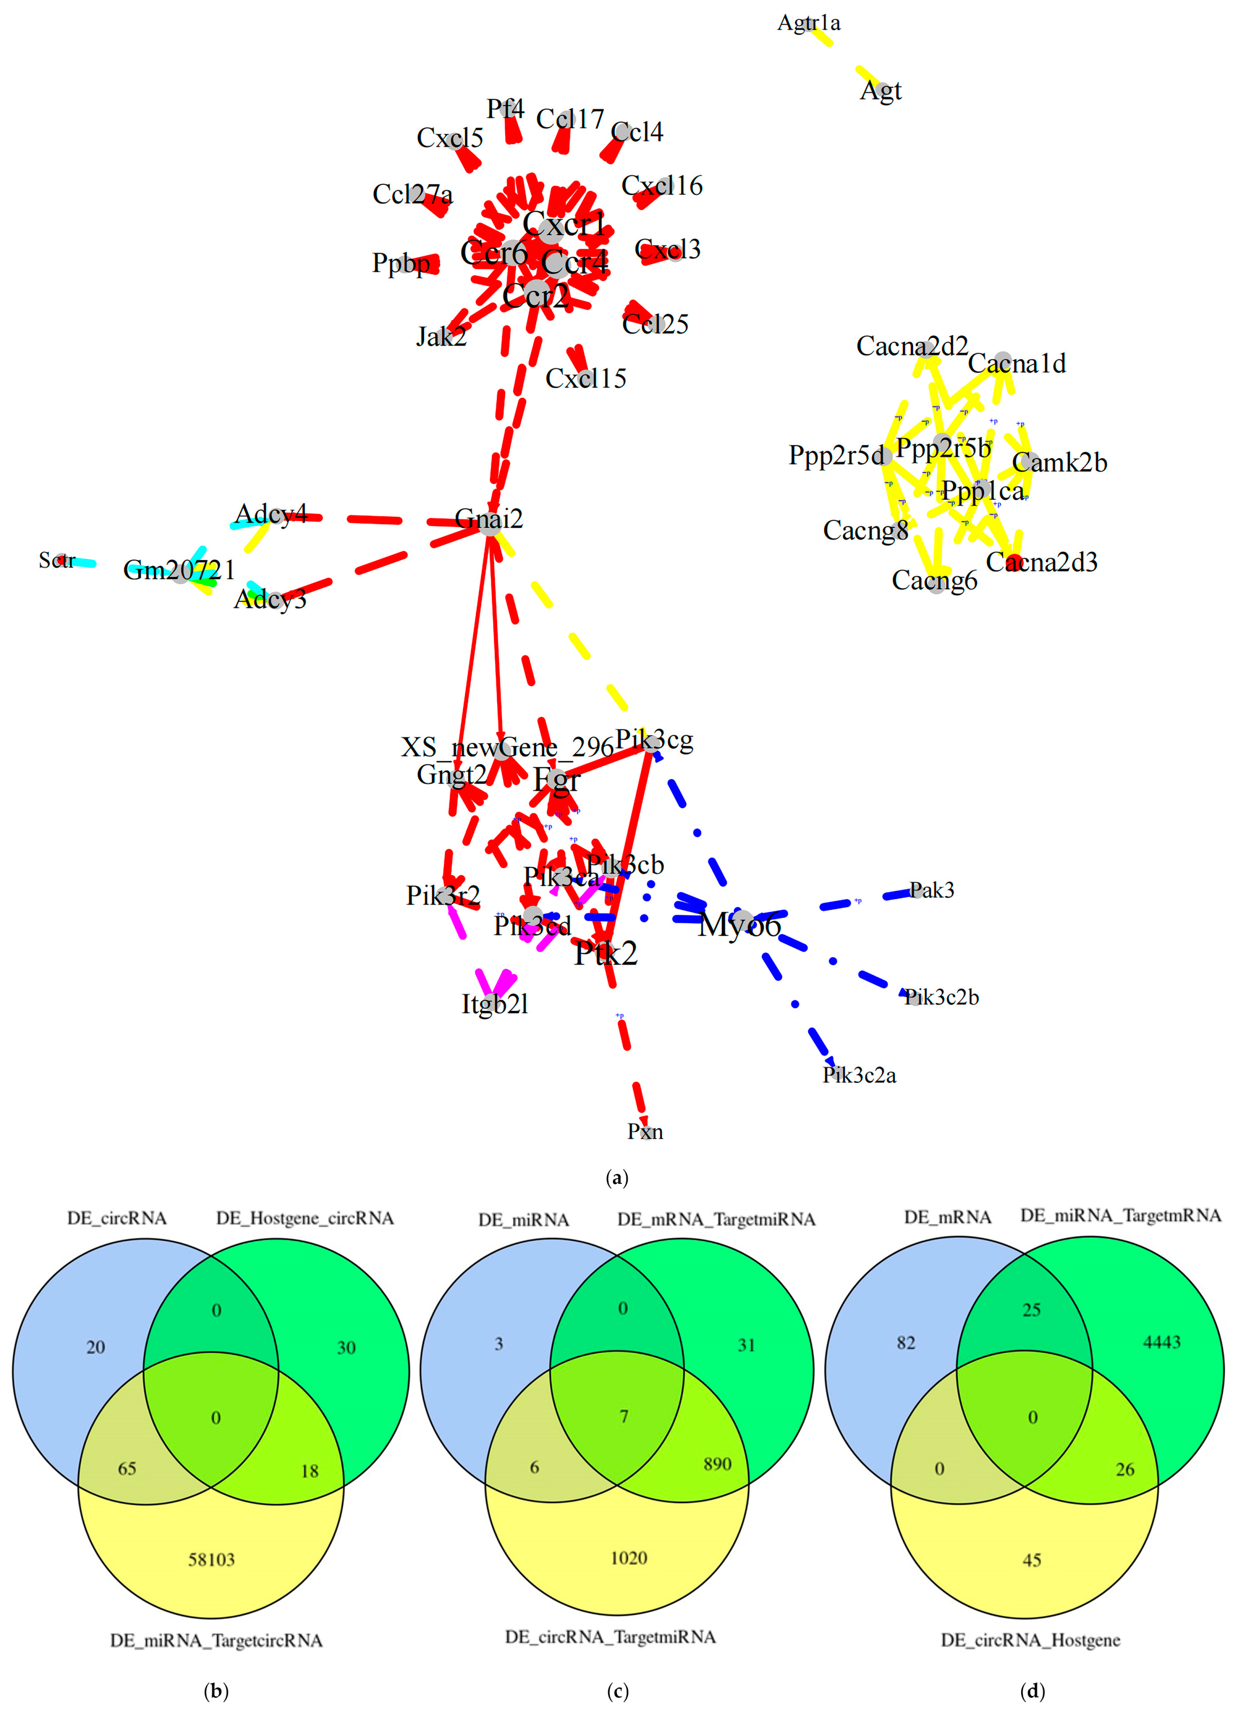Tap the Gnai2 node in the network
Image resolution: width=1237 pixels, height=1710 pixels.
pos(489,520)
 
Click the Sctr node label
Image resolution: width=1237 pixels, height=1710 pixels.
pos(56,560)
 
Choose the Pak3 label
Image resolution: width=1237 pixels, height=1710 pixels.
pos(932,890)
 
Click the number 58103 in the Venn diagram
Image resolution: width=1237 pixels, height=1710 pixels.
pos(211,1559)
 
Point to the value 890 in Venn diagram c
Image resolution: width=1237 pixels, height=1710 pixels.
pos(716,1463)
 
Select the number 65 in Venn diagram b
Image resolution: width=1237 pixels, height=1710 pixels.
pos(127,1468)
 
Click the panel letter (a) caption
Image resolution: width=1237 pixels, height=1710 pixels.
pos(617,1178)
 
